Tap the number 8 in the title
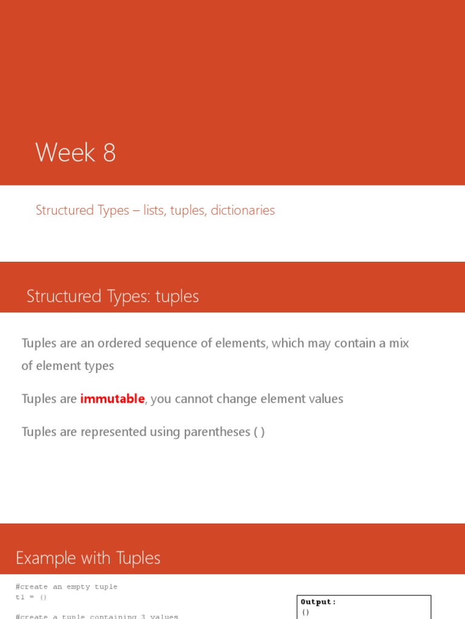click(x=109, y=152)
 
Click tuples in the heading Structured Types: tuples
click(x=177, y=297)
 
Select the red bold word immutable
click(x=113, y=399)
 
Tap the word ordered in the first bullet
click(x=119, y=343)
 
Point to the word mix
click(x=398, y=343)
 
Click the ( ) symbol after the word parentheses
click(x=259, y=432)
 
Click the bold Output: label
click(x=318, y=602)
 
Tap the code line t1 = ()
click(x=31, y=597)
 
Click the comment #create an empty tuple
click(x=67, y=587)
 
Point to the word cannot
click(x=197, y=399)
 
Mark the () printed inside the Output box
click(x=306, y=612)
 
